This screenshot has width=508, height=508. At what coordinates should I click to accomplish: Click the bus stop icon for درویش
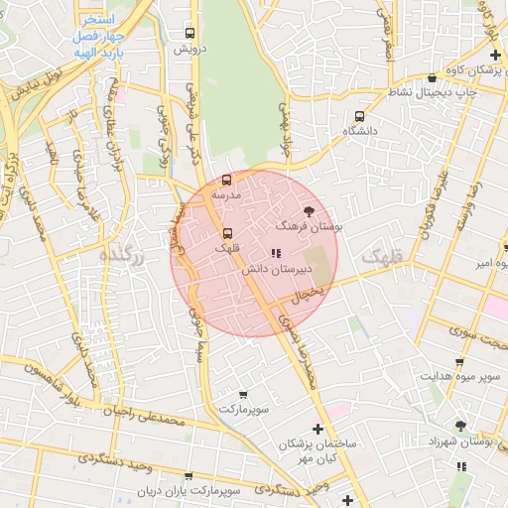190,33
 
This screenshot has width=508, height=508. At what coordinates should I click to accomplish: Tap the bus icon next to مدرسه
227,181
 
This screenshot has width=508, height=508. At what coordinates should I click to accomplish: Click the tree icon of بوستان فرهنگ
308,210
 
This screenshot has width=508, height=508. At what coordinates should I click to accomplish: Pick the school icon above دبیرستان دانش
275,253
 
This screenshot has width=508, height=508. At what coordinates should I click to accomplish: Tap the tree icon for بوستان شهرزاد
460,425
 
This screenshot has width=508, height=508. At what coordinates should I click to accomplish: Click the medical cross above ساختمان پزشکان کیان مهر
317,429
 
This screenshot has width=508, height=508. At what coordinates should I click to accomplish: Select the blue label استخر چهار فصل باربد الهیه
96,36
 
